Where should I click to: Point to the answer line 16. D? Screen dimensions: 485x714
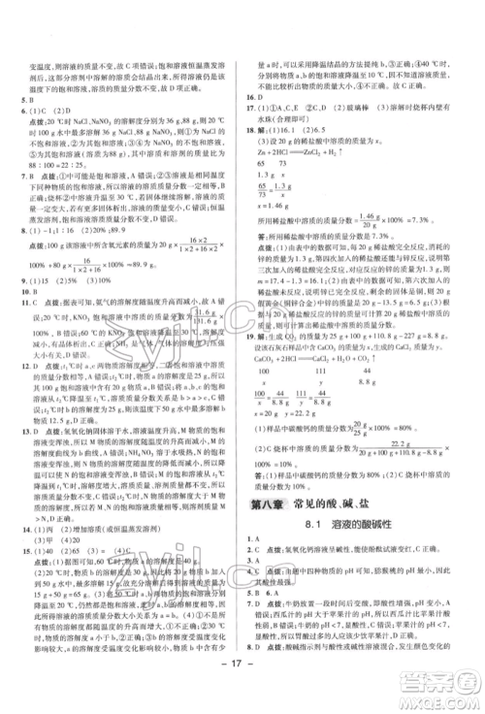pyautogui.click(x=255, y=98)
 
